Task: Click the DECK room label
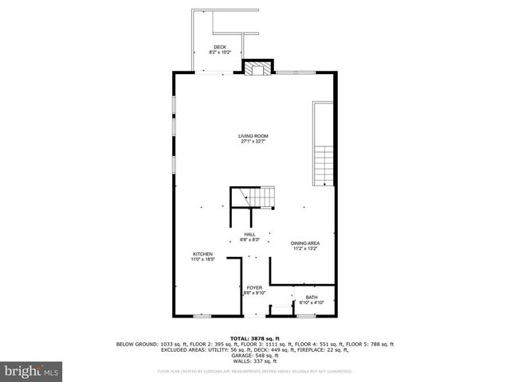tap(219, 47)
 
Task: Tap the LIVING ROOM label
tap(254, 136)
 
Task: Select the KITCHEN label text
tap(202, 254)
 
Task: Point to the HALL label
tap(249, 234)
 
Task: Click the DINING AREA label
tap(305, 243)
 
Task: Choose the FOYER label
tap(254, 287)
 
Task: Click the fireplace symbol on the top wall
tap(257, 69)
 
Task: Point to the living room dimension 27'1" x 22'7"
tap(254, 142)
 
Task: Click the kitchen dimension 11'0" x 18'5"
tap(202, 259)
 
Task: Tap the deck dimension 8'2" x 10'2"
tap(219, 53)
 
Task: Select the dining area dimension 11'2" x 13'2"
tap(305, 248)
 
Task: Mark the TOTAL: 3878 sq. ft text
tap(254, 338)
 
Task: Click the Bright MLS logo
tap(32, 371)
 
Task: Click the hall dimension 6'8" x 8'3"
tap(249, 240)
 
